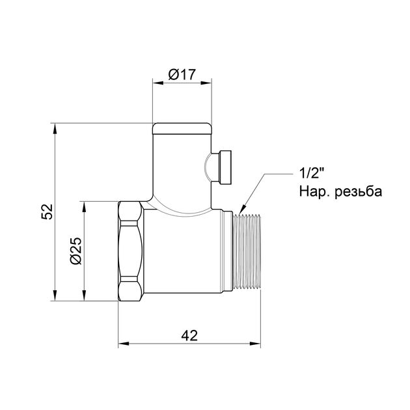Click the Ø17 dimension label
182,75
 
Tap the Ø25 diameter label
75,250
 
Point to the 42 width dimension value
189,336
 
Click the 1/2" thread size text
310,174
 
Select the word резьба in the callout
357,192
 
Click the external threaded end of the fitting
248,251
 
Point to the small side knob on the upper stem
225,167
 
